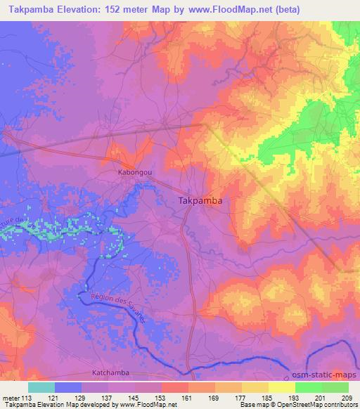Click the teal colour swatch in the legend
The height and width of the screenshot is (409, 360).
tap(41, 387)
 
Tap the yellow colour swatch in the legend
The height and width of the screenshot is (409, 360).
tap(282, 387)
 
